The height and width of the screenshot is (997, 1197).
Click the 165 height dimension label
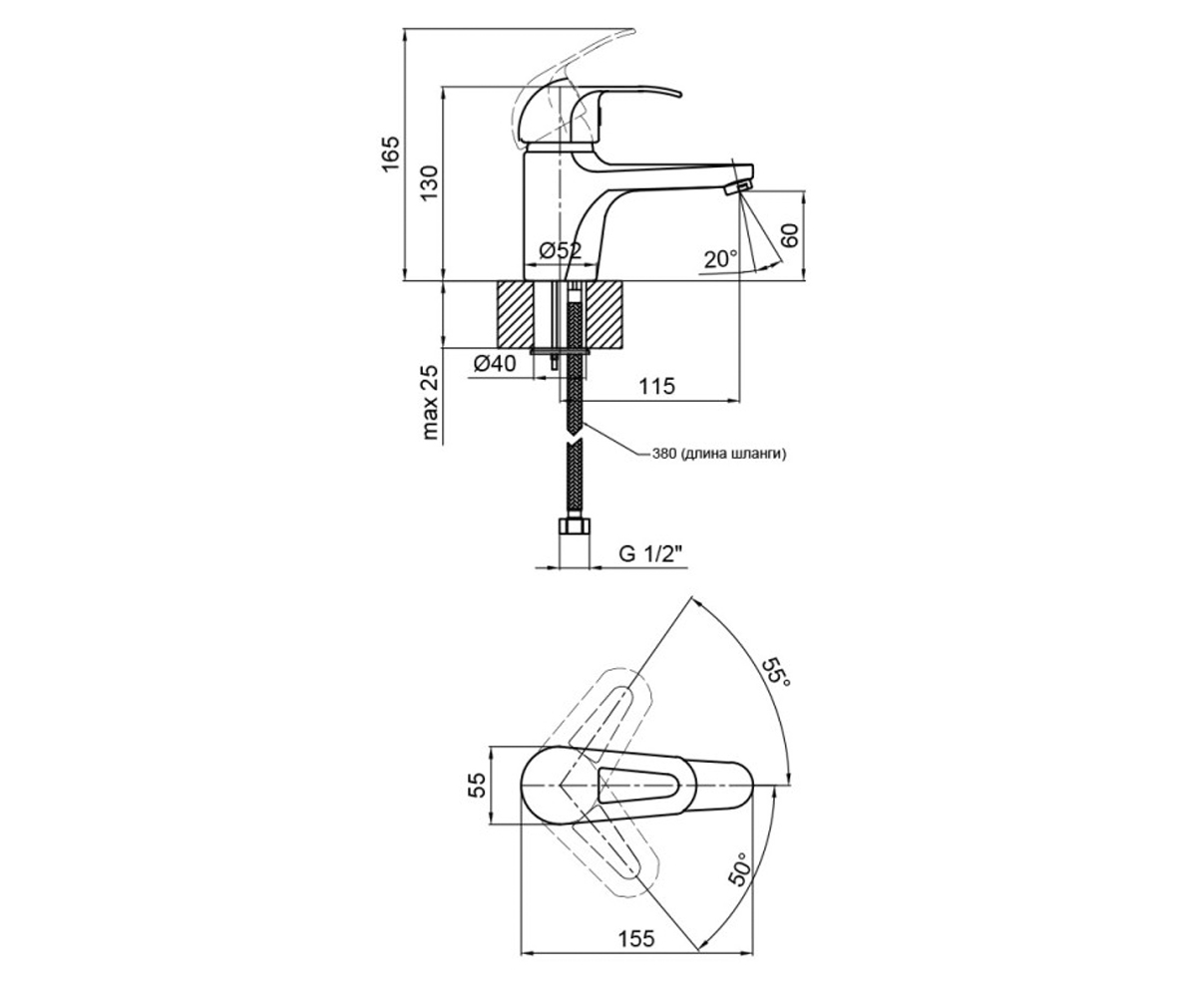point(390,155)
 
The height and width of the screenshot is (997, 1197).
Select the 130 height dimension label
point(429,182)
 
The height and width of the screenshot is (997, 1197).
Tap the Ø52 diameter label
point(561,250)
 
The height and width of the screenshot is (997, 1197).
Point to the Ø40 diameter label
point(495,363)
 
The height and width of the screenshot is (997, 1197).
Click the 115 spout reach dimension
point(657,386)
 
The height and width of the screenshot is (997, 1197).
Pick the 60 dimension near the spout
point(789,235)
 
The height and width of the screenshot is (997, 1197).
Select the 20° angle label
point(721,259)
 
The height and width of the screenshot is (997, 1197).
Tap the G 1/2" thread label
point(651,554)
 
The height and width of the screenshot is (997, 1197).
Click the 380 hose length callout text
point(719,455)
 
